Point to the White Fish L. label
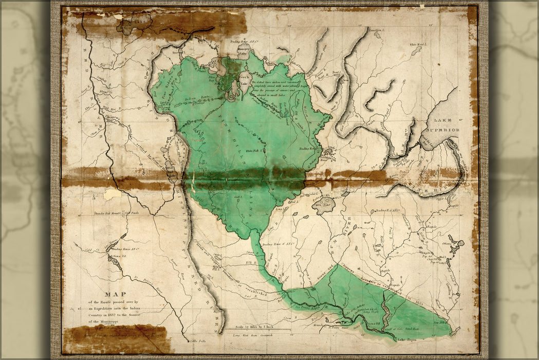coord(254,151)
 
